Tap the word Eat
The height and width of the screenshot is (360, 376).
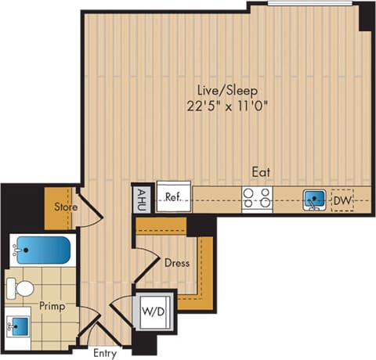pyautogui.click(x=262, y=169)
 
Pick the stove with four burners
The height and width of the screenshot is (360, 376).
pyautogui.click(x=257, y=199)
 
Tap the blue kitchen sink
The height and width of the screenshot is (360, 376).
pyautogui.click(x=314, y=199)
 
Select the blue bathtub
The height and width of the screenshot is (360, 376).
pyautogui.click(x=40, y=250)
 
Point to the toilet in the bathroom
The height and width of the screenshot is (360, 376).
pyautogui.click(x=21, y=286)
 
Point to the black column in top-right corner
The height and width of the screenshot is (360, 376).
pyautogui.click(x=367, y=16)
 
